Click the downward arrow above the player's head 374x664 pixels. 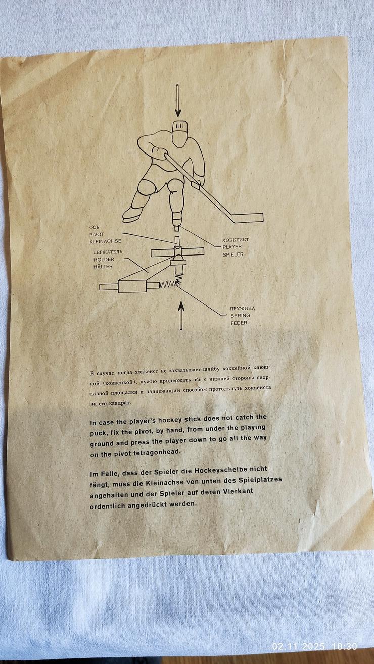click(178, 100)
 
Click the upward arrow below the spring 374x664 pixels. click(181, 316)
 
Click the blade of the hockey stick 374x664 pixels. click(247, 218)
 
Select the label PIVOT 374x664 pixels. click(97, 234)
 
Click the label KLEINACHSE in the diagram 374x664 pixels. click(105, 241)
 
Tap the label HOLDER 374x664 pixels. click(104, 260)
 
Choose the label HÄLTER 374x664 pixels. click(103, 267)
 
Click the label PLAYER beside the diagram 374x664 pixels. click(232, 247)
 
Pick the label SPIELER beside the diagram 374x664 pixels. click(233, 254)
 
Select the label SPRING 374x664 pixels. click(240, 316)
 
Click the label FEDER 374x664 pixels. click(239, 323)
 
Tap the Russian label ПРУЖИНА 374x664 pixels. click(242, 309)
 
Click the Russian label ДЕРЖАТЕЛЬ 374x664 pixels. click(108, 252)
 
